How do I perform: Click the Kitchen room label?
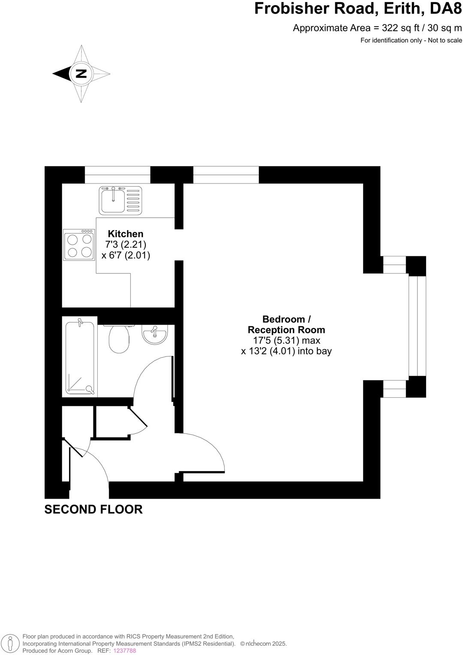(x=125, y=234)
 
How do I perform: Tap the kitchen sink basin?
(x=112, y=201)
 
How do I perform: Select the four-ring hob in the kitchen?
(x=79, y=245)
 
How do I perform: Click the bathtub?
(x=80, y=357)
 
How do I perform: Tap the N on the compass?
(x=81, y=74)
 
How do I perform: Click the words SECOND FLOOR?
(x=93, y=509)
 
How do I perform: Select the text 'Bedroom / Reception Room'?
(x=286, y=324)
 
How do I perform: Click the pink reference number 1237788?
(x=124, y=650)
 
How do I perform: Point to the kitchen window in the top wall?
(x=117, y=174)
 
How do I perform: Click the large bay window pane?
(x=417, y=326)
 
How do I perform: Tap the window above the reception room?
(x=226, y=174)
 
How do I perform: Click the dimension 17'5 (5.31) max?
(x=286, y=340)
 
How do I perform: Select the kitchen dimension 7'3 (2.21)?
(x=126, y=245)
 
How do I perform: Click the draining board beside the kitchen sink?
(x=133, y=201)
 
